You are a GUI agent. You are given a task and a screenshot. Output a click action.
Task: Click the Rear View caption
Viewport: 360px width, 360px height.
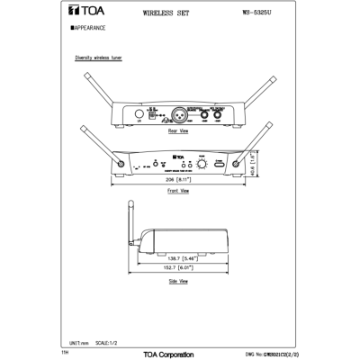point(178,131)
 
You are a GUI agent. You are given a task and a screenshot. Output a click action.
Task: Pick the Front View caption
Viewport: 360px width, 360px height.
point(178,192)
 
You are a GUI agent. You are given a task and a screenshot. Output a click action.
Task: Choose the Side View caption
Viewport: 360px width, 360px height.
point(178,282)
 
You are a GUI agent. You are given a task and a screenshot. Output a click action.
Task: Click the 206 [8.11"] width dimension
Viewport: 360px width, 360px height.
point(178,180)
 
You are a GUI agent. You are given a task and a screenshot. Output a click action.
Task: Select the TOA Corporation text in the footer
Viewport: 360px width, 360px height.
point(180,354)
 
